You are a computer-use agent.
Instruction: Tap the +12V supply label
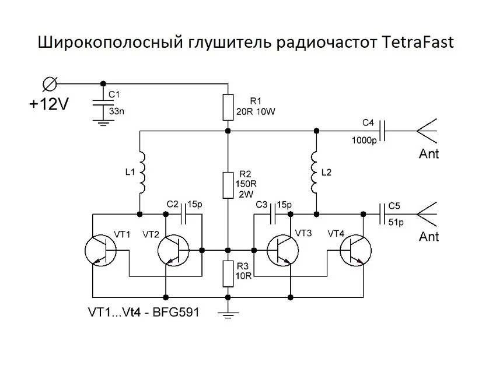49,104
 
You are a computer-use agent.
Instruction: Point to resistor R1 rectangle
228,106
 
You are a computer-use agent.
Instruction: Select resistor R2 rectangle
228,184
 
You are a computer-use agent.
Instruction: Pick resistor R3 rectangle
228,273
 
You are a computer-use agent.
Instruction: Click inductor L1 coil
141,173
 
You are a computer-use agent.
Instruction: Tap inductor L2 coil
316,173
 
